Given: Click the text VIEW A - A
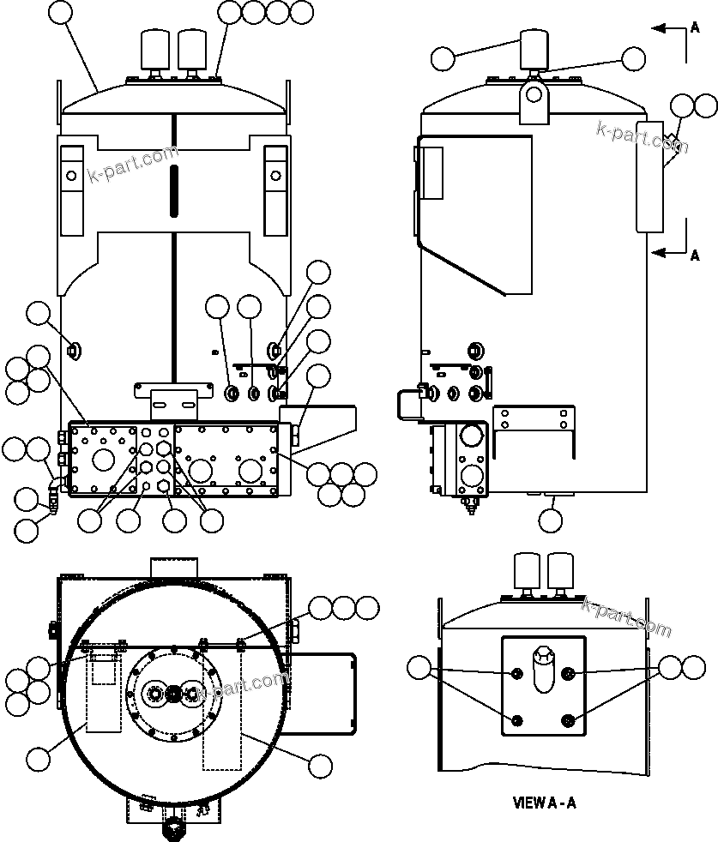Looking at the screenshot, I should click(544, 803).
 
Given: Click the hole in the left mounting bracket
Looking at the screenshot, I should click(71, 176).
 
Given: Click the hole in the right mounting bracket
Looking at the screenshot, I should click(275, 176).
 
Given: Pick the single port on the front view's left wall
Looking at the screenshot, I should click(74, 349).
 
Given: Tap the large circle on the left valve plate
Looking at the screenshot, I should click(103, 460).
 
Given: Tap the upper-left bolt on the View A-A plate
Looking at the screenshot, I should click(516, 674).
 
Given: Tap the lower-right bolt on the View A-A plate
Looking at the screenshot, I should click(570, 719).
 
